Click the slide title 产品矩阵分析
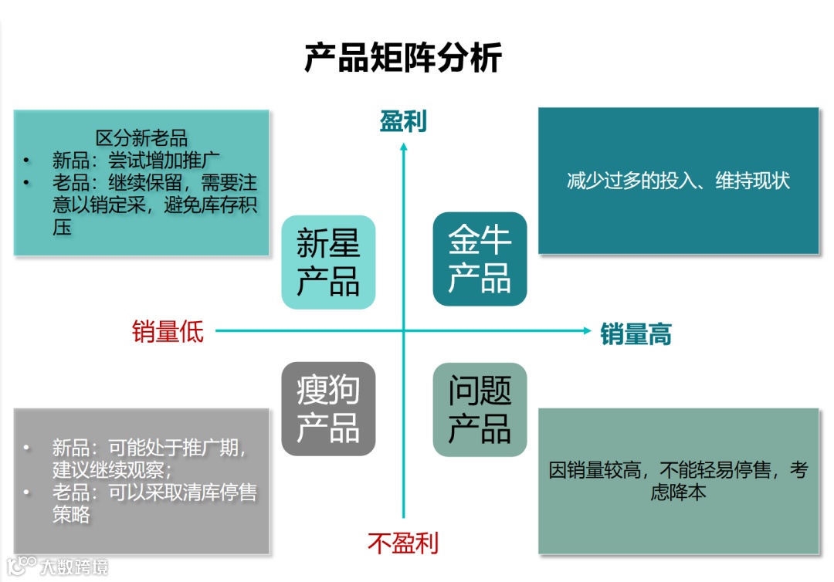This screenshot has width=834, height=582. coord(403,58)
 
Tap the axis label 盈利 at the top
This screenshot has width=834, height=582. coord(402,122)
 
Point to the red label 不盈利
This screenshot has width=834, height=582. coord(402,543)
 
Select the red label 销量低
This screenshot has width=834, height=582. coord(168,331)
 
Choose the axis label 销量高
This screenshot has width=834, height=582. coord(636,334)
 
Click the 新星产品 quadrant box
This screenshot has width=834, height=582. coord(328,262)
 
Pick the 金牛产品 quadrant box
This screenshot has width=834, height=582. coord(480,259)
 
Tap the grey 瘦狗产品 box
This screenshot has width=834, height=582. coord(328,409)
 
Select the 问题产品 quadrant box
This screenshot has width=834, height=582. coord(480,409)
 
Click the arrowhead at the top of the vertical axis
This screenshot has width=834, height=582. coord(403,146)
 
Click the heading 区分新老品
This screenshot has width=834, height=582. coord(141,139)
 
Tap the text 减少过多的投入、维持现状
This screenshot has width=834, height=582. coord(678,181)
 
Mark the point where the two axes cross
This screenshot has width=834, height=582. coord(403,331)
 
